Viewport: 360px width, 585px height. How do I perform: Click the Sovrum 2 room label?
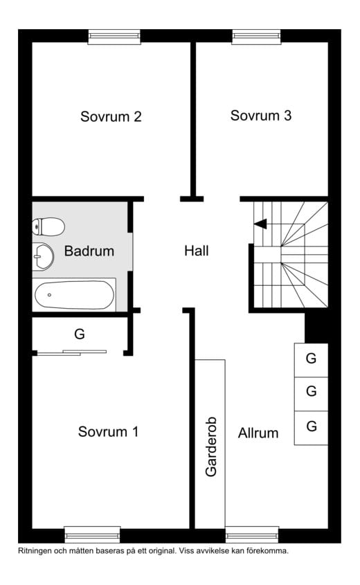[111, 116]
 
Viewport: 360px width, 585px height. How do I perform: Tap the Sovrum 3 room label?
[261, 116]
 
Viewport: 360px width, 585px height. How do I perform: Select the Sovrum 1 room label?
[108, 432]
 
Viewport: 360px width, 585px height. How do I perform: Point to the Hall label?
[197, 251]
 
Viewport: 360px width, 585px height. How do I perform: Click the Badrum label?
[89, 251]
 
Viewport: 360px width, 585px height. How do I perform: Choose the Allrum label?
[258, 433]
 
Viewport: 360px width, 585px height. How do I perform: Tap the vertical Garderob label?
[211, 447]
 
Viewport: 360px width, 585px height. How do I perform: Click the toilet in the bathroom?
[48, 227]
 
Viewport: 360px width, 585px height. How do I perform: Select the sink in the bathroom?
[44, 256]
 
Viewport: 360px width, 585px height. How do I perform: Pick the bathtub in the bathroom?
[74, 295]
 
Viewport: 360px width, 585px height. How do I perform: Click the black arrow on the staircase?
[260, 224]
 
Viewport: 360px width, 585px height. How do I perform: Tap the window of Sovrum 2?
[114, 37]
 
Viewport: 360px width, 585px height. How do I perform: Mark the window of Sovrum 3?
[256, 37]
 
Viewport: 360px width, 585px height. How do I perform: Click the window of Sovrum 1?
[93, 535]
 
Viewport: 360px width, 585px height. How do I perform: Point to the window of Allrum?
[252, 535]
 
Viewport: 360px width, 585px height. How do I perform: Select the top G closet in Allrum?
[311, 360]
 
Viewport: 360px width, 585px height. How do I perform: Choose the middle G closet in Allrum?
[311, 394]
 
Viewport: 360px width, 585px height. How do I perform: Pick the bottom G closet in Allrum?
[311, 428]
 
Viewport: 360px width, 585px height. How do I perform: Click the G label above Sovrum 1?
[80, 334]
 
